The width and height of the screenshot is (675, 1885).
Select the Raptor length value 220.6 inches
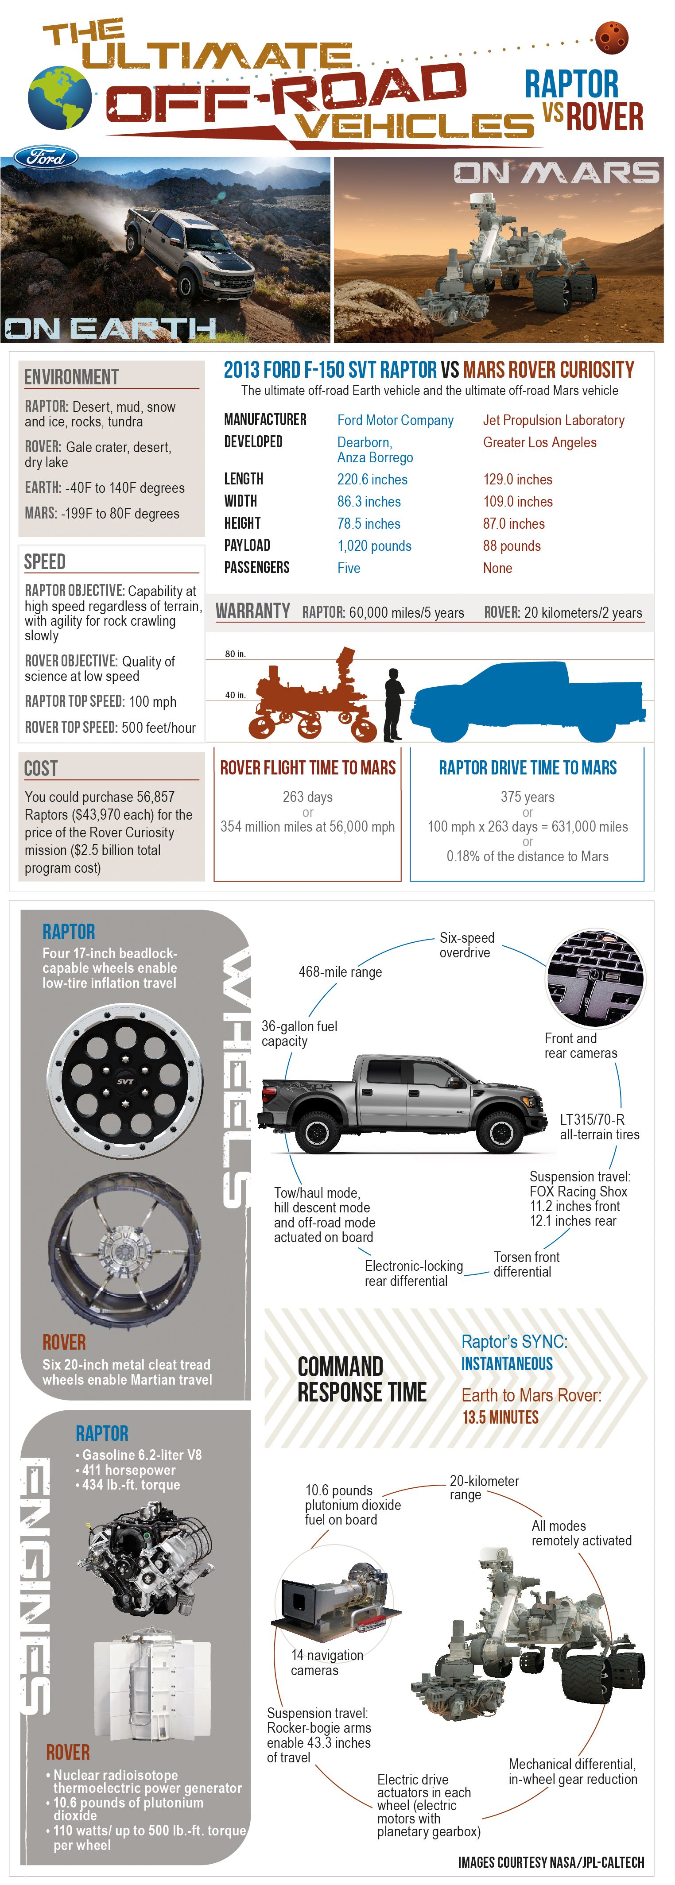[x=372, y=479]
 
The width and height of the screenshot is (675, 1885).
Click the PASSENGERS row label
[x=256, y=568]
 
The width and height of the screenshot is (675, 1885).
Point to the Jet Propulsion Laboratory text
[x=554, y=420]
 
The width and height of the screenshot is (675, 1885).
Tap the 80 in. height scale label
[x=235, y=654]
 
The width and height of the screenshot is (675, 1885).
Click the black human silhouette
[x=393, y=704]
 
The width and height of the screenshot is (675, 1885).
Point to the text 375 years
[x=527, y=797]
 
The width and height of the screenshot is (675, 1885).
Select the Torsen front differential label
[x=526, y=1264]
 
